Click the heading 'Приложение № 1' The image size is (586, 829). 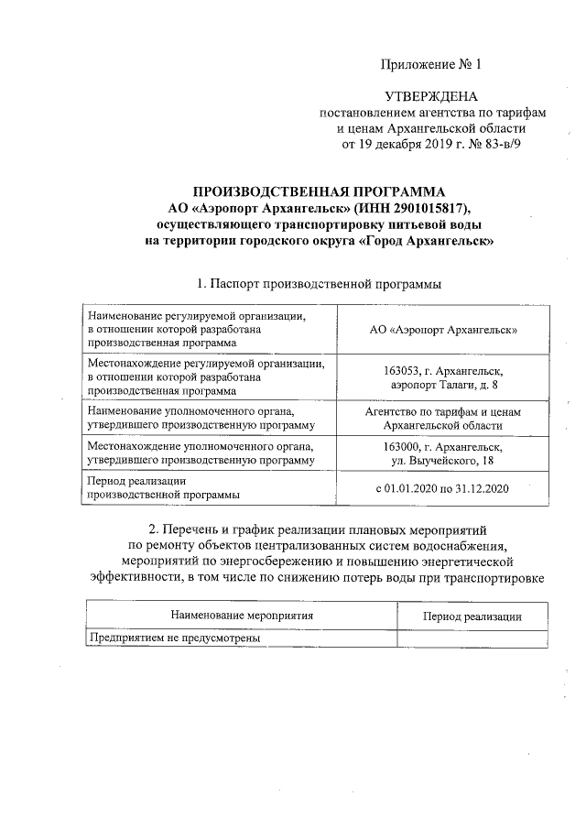430,64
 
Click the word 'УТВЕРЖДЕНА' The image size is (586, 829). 430,97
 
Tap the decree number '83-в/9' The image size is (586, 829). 502,144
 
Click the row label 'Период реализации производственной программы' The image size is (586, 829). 163,488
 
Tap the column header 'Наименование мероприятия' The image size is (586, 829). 242,616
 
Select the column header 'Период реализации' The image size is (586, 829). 472,616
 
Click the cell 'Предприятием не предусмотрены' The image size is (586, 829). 174,638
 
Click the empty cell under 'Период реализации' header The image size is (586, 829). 472,638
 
